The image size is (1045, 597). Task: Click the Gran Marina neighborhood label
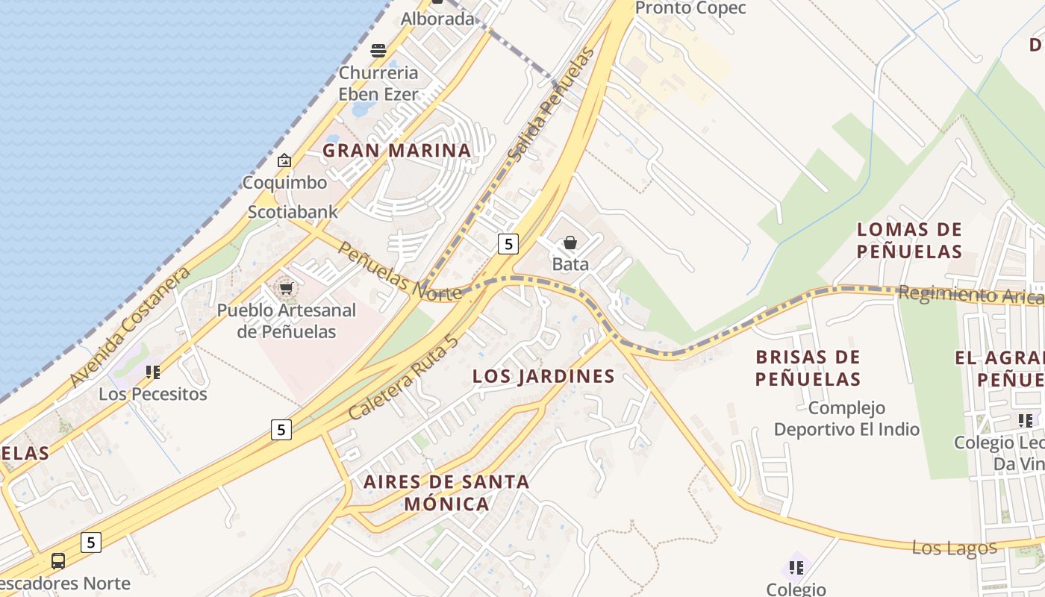pyautogui.click(x=396, y=150)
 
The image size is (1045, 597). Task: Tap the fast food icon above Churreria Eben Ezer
pyautogui.click(x=378, y=51)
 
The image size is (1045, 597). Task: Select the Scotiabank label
pyautogui.click(x=293, y=211)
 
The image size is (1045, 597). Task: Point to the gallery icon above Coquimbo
pyautogui.click(x=284, y=160)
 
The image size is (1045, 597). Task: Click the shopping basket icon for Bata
pyautogui.click(x=570, y=243)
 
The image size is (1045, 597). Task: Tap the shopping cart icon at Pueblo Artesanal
pyautogui.click(x=285, y=288)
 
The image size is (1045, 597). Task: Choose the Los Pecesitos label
pyautogui.click(x=153, y=393)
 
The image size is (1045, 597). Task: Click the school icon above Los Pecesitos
pyautogui.click(x=153, y=372)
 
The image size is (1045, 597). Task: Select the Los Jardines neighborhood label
pyautogui.click(x=543, y=376)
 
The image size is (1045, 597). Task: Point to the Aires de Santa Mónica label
pyautogui.click(x=446, y=492)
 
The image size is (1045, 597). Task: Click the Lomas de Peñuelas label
pyautogui.click(x=909, y=240)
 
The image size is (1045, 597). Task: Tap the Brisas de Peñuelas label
pyautogui.click(x=808, y=367)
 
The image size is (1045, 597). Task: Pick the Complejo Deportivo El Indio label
pyautogui.click(x=846, y=418)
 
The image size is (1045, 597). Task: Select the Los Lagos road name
pyautogui.click(x=954, y=548)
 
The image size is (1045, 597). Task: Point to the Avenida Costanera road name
pyautogui.click(x=130, y=327)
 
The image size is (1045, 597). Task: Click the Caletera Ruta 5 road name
pyautogui.click(x=403, y=378)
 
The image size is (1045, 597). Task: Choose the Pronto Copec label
pyautogui.click(x=690, y=8)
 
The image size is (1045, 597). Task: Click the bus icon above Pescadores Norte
pyautogui.click(x=57, y=561)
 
